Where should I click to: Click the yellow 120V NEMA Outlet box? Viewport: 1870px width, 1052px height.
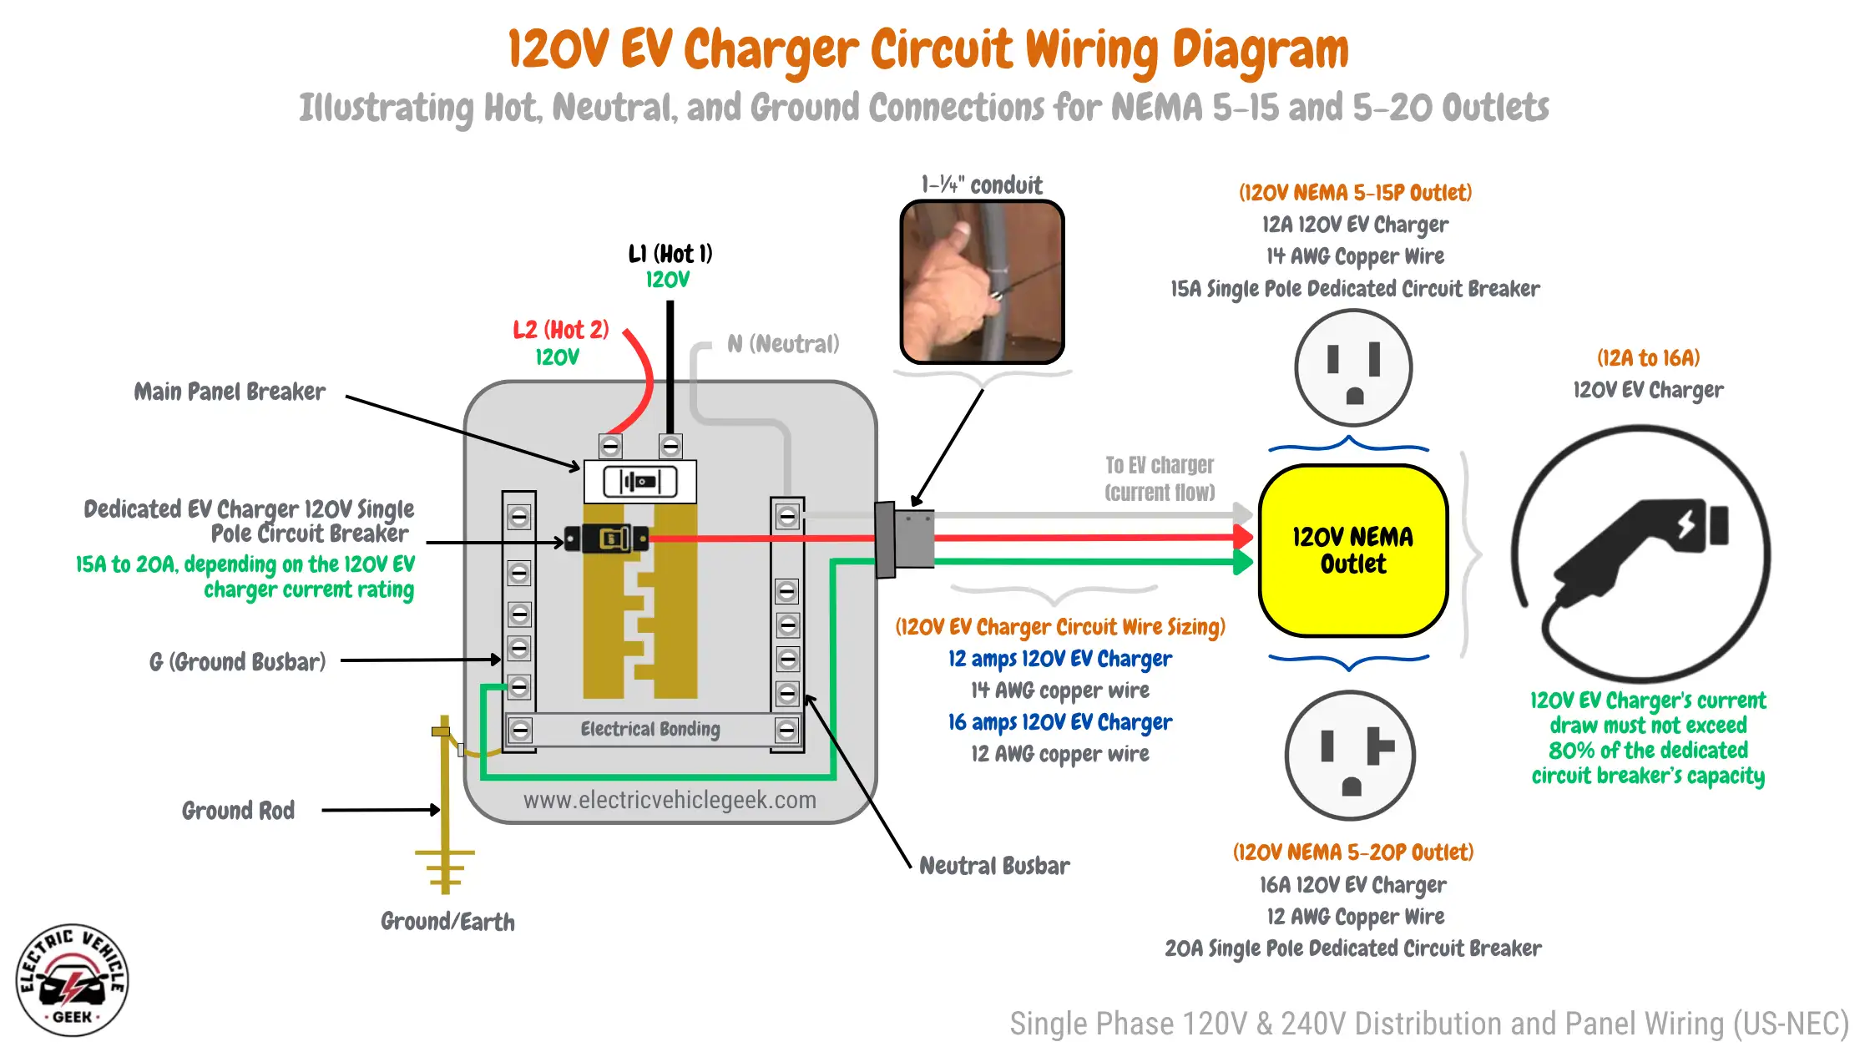coord(1352,551)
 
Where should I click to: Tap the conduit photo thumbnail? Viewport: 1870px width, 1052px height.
coord(982,282)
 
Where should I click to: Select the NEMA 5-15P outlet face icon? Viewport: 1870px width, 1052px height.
coord(1353,368)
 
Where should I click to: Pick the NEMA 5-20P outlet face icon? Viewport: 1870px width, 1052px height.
coord(1351,756)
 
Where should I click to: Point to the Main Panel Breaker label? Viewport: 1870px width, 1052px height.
coord(230,392)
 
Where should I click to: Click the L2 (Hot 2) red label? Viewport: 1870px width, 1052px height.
coord(560,330)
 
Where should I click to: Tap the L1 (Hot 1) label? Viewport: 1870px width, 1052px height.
coord(670,254)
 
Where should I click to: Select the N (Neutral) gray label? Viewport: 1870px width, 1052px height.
coord(783,344)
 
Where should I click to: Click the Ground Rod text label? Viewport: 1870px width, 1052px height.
coord(239,811)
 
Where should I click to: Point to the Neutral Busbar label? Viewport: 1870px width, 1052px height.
coord(993,866)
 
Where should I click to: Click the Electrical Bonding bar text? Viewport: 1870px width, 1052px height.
coord(650,730)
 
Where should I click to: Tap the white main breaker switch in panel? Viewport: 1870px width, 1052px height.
coord(640,482)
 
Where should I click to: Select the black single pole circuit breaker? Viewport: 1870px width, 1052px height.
coord(607,539)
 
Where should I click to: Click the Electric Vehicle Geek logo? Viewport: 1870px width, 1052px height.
coord(73,980)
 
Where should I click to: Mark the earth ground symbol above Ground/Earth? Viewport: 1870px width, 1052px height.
coord(445,868)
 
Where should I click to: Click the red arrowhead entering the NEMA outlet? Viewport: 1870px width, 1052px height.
coord(1244,538)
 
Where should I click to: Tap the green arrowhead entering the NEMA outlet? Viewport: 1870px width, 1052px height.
coord(1244,562)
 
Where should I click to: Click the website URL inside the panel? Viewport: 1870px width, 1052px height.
coord(670,800)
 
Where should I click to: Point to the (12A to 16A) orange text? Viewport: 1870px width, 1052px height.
coord(1648,358)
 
